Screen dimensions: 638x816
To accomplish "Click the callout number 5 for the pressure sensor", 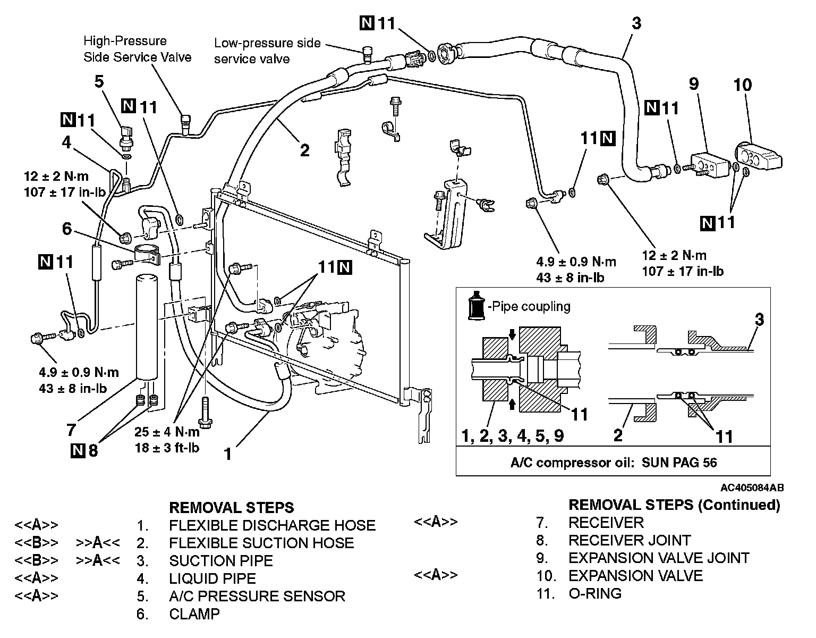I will pyautogui.click(x=99, y=82).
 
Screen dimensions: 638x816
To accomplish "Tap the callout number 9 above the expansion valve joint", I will pyautogui.click(x=693, y=84).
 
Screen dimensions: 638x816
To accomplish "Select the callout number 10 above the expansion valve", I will pyautogui.click(x=743, y=85).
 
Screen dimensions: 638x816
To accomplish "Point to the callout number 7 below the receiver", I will pyautogui.click(x=71, y=429).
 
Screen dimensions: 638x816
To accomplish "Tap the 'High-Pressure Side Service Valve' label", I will pyautogui.click(x=137, y=49).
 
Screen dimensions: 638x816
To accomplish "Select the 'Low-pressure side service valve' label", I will pyautogui.click(x=267, y=51).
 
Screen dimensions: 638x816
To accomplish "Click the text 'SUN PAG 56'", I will pyautogui.click(x=679, y=462).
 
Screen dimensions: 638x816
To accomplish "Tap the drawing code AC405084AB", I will pyautogui.click(x=752, y=488).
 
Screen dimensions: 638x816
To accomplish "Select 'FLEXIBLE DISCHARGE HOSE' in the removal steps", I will pyautogui.click(x=272, y=525).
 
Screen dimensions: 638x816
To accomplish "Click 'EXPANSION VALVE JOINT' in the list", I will pyautogui.click(x=659, y=558).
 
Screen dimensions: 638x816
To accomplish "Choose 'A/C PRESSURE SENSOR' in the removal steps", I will pyautogui.click(x=257, y=596).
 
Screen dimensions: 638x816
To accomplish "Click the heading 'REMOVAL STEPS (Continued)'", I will pyautogui.click(x=674, y=505).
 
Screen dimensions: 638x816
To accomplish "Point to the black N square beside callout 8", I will pyautogui.click(x=77, y=451).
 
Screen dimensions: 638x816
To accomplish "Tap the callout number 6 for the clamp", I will pyautogui.click(x=66, y=229).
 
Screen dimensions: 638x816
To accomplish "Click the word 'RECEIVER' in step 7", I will pyautogui.click(x=606, y=523).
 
